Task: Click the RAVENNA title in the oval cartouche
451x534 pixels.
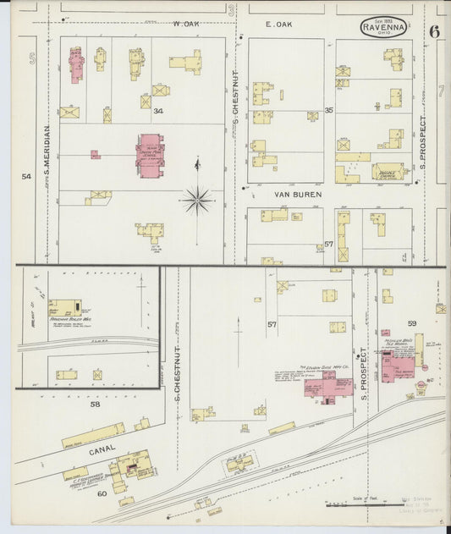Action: (383, 26)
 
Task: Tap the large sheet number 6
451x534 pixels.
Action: (434, 32)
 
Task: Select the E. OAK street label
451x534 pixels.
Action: (278, 25)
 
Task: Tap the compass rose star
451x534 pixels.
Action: (197, 200)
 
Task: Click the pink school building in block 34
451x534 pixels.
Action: (150, 156)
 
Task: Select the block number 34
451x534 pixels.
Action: (157, 110)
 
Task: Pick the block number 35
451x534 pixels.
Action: (328, 110)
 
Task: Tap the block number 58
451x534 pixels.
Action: (95, 404)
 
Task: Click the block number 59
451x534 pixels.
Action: (412, 323)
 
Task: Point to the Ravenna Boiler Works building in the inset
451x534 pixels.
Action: (64, 308)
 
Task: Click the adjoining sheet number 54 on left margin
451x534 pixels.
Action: (26, 176)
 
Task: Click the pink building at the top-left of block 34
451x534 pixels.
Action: (75, 64)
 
